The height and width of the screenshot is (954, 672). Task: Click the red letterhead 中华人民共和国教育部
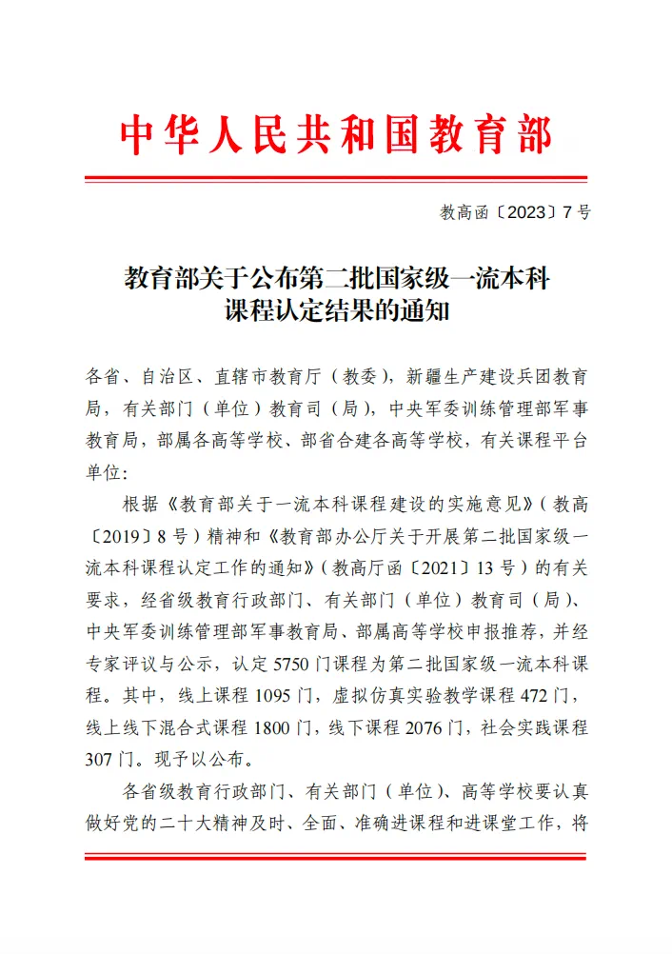click(336, 135)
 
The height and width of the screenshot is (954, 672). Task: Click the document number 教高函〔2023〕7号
click(515, 212)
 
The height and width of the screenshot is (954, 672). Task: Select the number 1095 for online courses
click(276, 706)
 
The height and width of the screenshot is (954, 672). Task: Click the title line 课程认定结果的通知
click(336, 311)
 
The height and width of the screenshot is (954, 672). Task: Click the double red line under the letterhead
click(336, 178)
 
